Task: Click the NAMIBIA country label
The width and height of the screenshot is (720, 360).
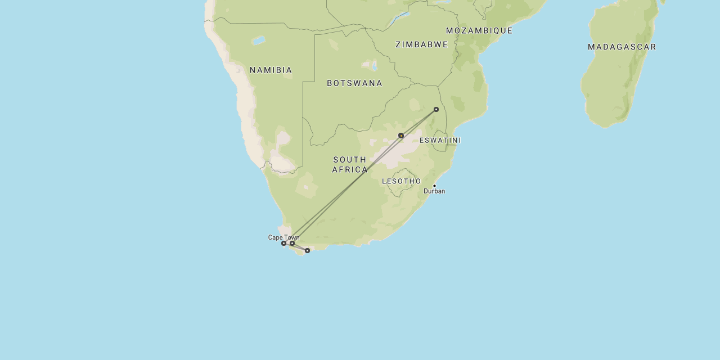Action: point(271,70)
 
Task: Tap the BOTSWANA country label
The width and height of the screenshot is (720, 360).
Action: point(354,83)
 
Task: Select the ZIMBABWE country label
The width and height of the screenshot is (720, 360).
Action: point(422,44)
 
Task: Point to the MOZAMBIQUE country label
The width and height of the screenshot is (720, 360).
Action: point(479,30)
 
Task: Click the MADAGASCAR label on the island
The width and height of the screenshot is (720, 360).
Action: point(622,47)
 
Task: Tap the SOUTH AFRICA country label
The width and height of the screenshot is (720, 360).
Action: point(349,164)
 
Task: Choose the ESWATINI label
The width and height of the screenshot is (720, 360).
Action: point(440,140)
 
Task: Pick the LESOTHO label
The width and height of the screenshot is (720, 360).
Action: point(401,181)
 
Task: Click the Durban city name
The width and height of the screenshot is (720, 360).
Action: point(434,191)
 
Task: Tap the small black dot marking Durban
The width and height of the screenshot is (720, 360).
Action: point(434,186)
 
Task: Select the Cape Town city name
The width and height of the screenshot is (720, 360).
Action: point(283,237)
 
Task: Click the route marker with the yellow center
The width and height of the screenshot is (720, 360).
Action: point(401,136)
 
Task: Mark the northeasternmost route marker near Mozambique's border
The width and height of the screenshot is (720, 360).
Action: point(436,110)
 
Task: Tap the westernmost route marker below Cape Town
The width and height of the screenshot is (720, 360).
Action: point(283,244)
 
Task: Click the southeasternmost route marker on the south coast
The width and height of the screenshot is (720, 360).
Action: point(307,250)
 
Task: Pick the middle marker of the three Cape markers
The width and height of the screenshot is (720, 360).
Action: point(292,244)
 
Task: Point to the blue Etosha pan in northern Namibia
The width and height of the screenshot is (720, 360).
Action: point(259,40)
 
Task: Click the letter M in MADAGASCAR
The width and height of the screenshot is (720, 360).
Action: point(591,47)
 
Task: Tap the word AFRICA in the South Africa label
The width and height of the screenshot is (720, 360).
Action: point(349,169)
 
